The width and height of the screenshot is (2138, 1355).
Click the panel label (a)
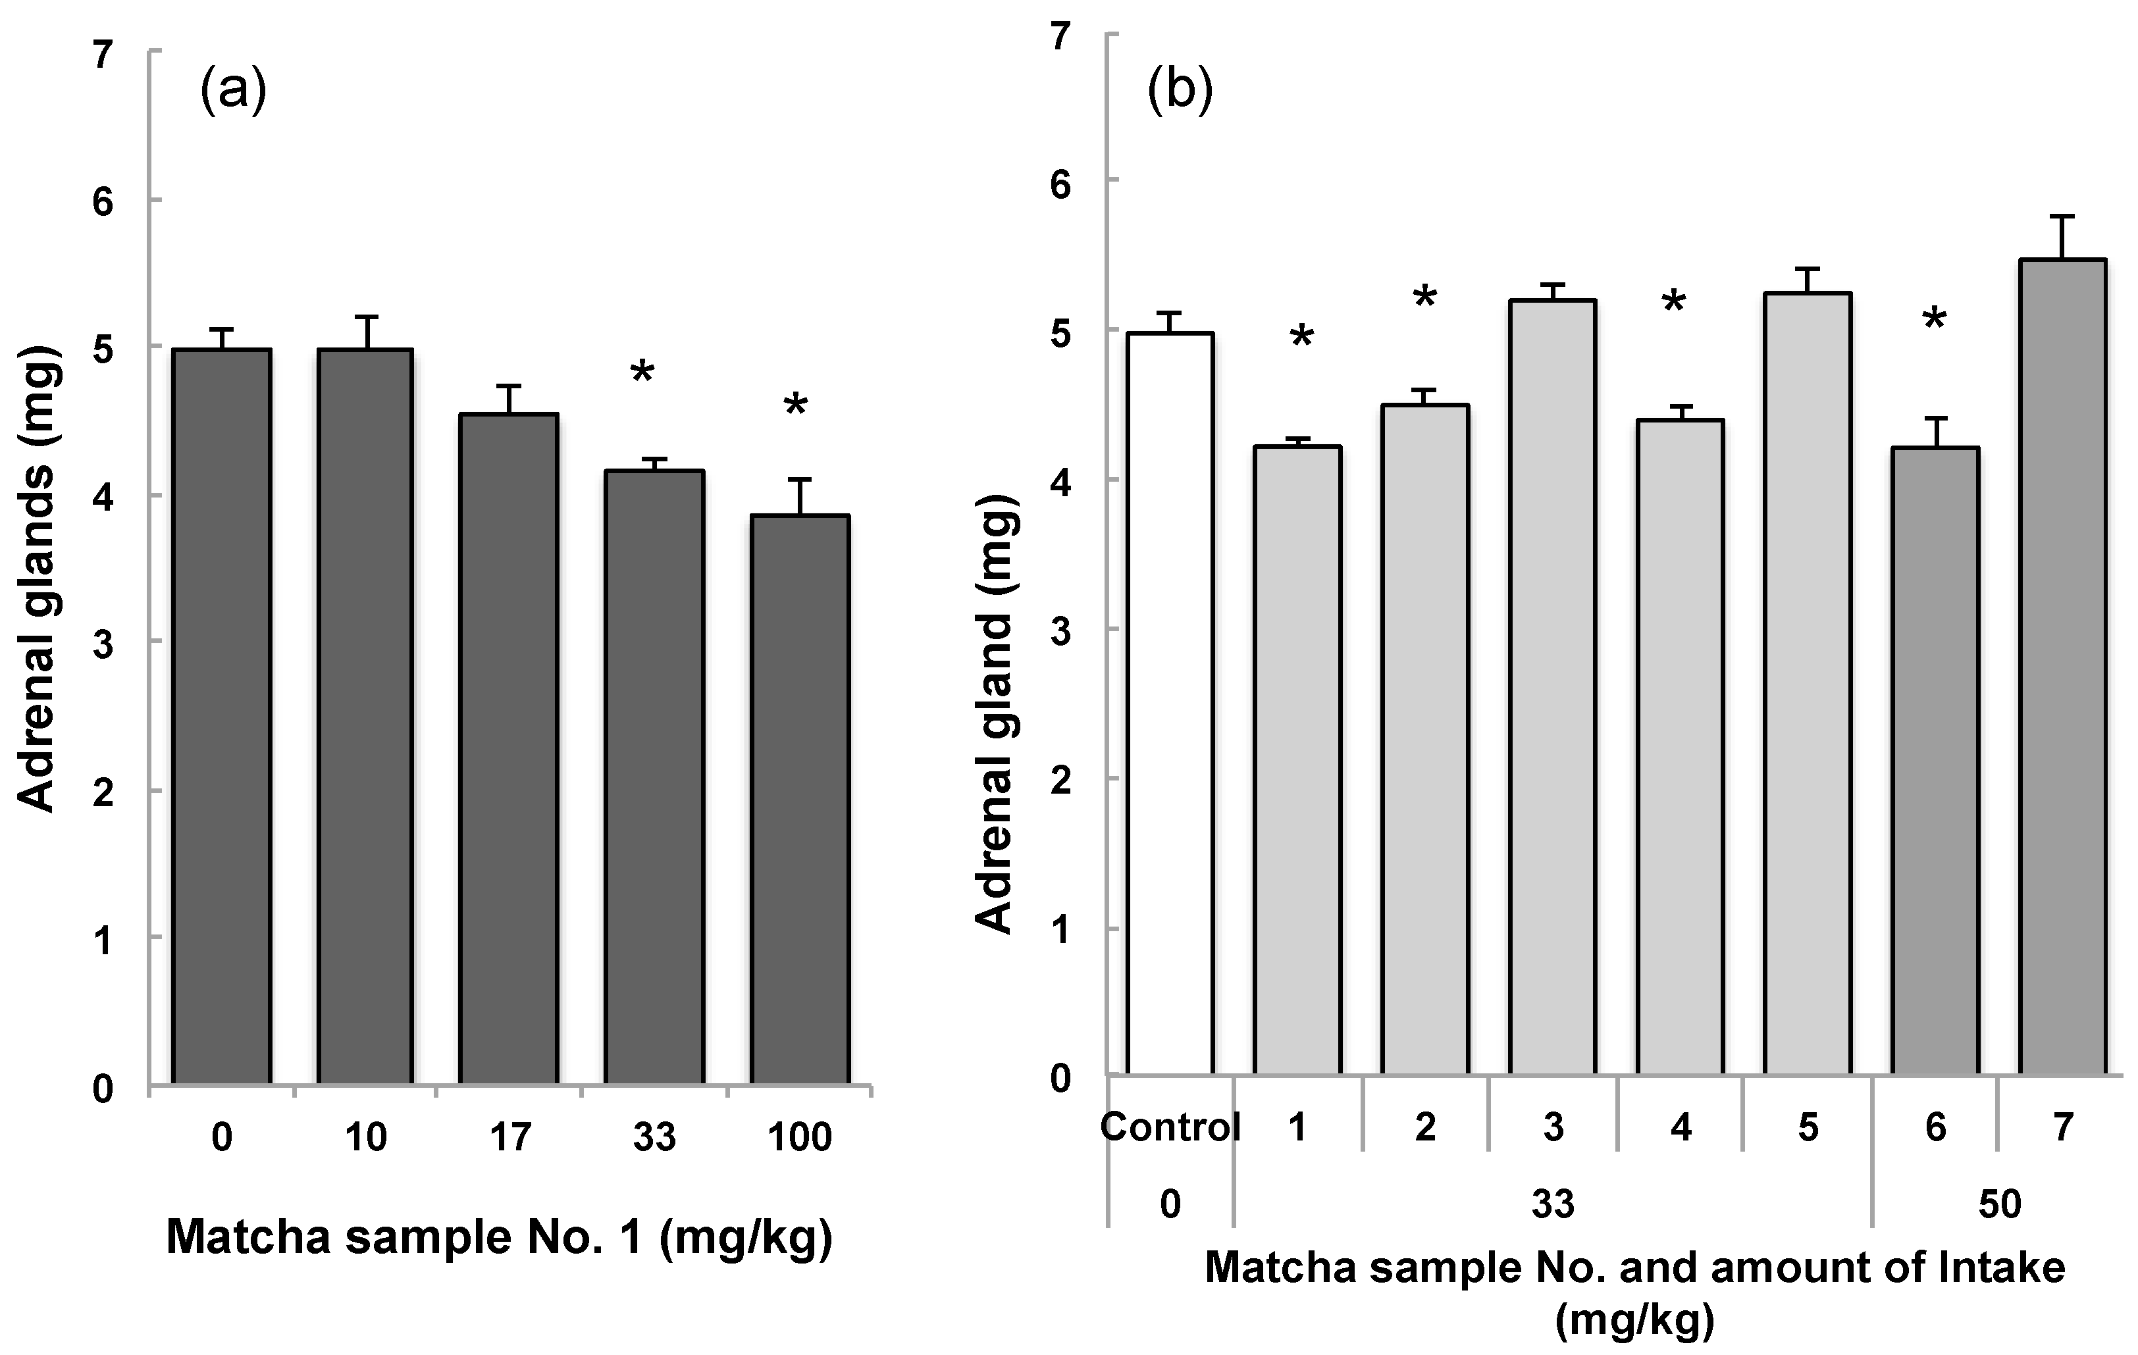click(232, 92)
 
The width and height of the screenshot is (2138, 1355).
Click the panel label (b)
click(1180, 92)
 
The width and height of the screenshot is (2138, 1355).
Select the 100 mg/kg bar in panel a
click(800, 799)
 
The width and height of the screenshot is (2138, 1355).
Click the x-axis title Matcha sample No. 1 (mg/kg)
click(500, 1237)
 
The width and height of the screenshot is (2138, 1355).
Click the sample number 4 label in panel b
click(1681, 1128)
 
